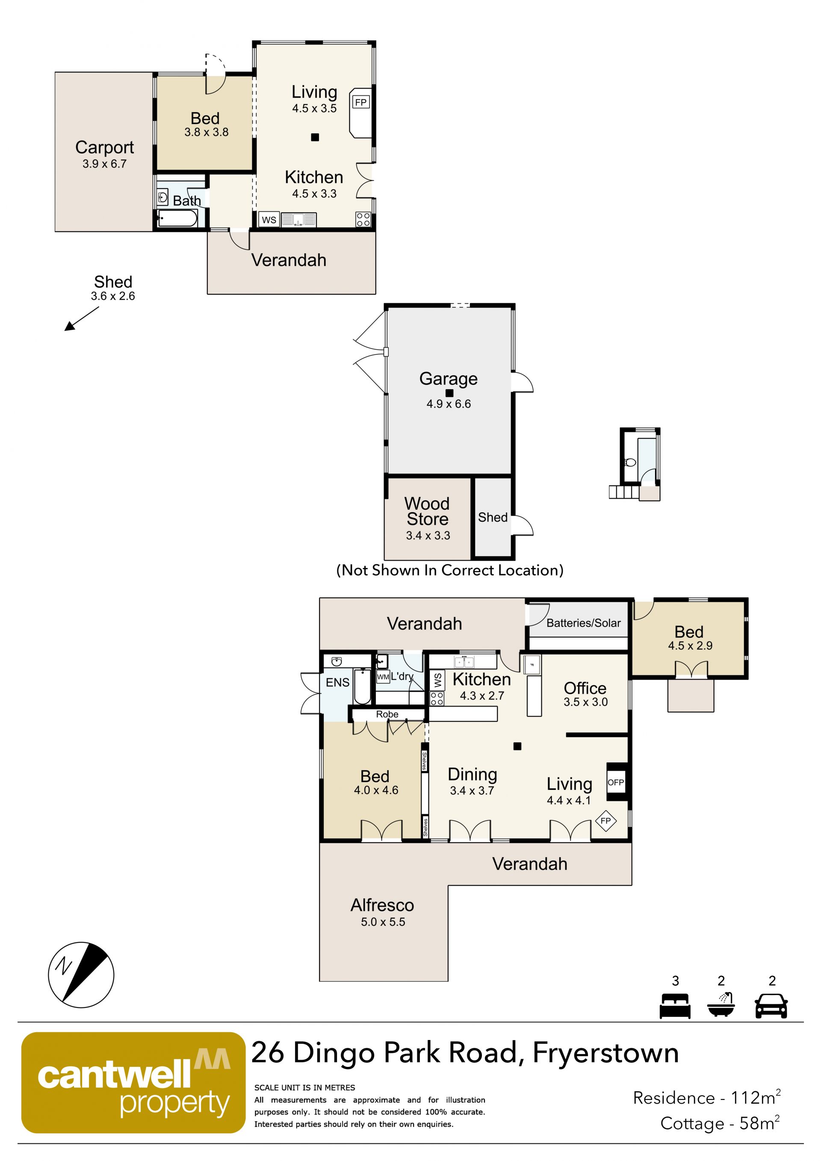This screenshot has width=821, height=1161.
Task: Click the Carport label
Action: point(105,147)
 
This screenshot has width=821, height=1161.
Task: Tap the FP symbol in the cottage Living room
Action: point(360,102)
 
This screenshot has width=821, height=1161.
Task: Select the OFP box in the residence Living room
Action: point(616,782)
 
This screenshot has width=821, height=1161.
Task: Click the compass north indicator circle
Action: point(81,975)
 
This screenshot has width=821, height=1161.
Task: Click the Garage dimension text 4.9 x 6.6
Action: point(449,404)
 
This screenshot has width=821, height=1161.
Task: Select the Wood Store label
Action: point(428,511)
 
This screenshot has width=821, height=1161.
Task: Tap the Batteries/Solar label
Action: point(583,623)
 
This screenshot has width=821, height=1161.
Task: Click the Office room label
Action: point(585,688)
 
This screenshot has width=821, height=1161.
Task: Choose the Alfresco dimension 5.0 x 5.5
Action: point(383,922)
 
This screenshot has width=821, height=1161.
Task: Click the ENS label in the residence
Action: point(337,682)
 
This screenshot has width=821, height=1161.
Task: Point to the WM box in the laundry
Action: point(383,677)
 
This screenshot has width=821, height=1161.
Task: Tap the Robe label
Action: point(387,714)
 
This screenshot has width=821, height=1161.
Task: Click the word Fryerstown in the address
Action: point(605,1053)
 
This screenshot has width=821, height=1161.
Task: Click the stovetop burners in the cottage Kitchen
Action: point(363,219)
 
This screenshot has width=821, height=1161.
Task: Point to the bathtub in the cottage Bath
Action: point(177,219)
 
